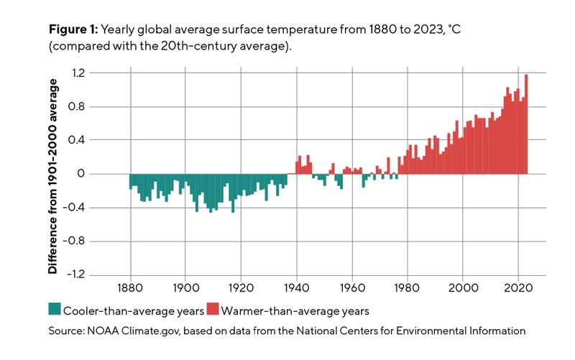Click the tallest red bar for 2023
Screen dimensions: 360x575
click(526, 124)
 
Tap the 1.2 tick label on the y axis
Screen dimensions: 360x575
click(98, 73)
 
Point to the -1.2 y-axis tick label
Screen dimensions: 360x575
click(96, 274)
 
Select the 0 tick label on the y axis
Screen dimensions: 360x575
click(102, 174)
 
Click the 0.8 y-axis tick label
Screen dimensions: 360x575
click(98, 106)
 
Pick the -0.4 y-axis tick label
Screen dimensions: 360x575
click(96, 208)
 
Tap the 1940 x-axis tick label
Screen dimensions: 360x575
click(296, 288)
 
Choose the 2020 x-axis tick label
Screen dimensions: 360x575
click(518, 288)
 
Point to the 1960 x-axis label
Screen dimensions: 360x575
click(351, 288)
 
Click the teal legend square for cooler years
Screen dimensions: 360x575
click(54, 310)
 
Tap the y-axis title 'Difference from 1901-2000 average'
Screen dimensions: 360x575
click(52, 176)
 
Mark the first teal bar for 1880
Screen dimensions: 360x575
click(130, 182)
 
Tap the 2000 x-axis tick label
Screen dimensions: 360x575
click(463, 288)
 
